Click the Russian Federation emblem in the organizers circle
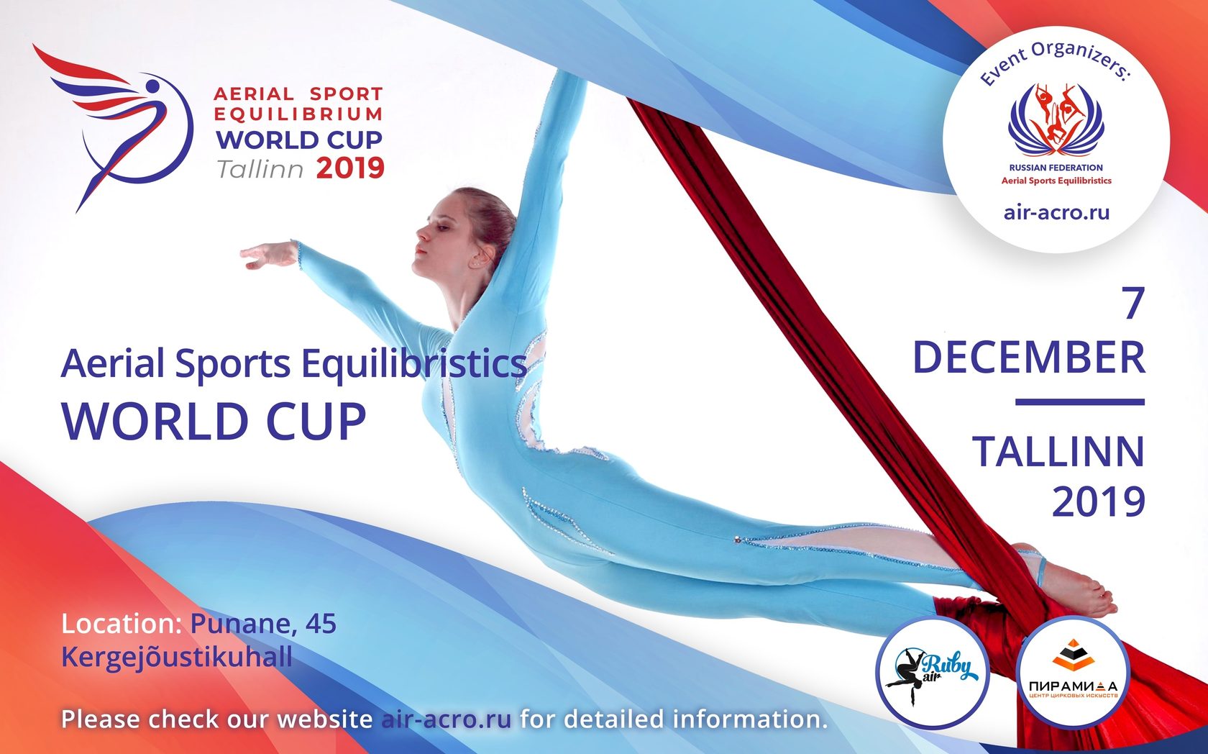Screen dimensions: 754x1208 point(1056,119)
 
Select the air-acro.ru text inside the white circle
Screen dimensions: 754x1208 point(1056,212)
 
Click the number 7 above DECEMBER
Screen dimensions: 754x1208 point(1132,304)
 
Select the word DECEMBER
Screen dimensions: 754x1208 point(1028,358)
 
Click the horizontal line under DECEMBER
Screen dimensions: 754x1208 point(1079,402)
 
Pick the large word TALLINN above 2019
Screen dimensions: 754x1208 point(1058,452)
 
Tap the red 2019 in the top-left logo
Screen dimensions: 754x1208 point(350,169)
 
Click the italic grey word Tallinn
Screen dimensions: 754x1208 point(260,170)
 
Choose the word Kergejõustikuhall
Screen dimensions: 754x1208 point(177,657)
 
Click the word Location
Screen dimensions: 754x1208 point(121,624)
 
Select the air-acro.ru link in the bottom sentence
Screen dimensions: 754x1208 point(446,719)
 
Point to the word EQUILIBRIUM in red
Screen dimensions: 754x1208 point(298,114)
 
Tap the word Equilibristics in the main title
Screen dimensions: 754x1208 point(413,363)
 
